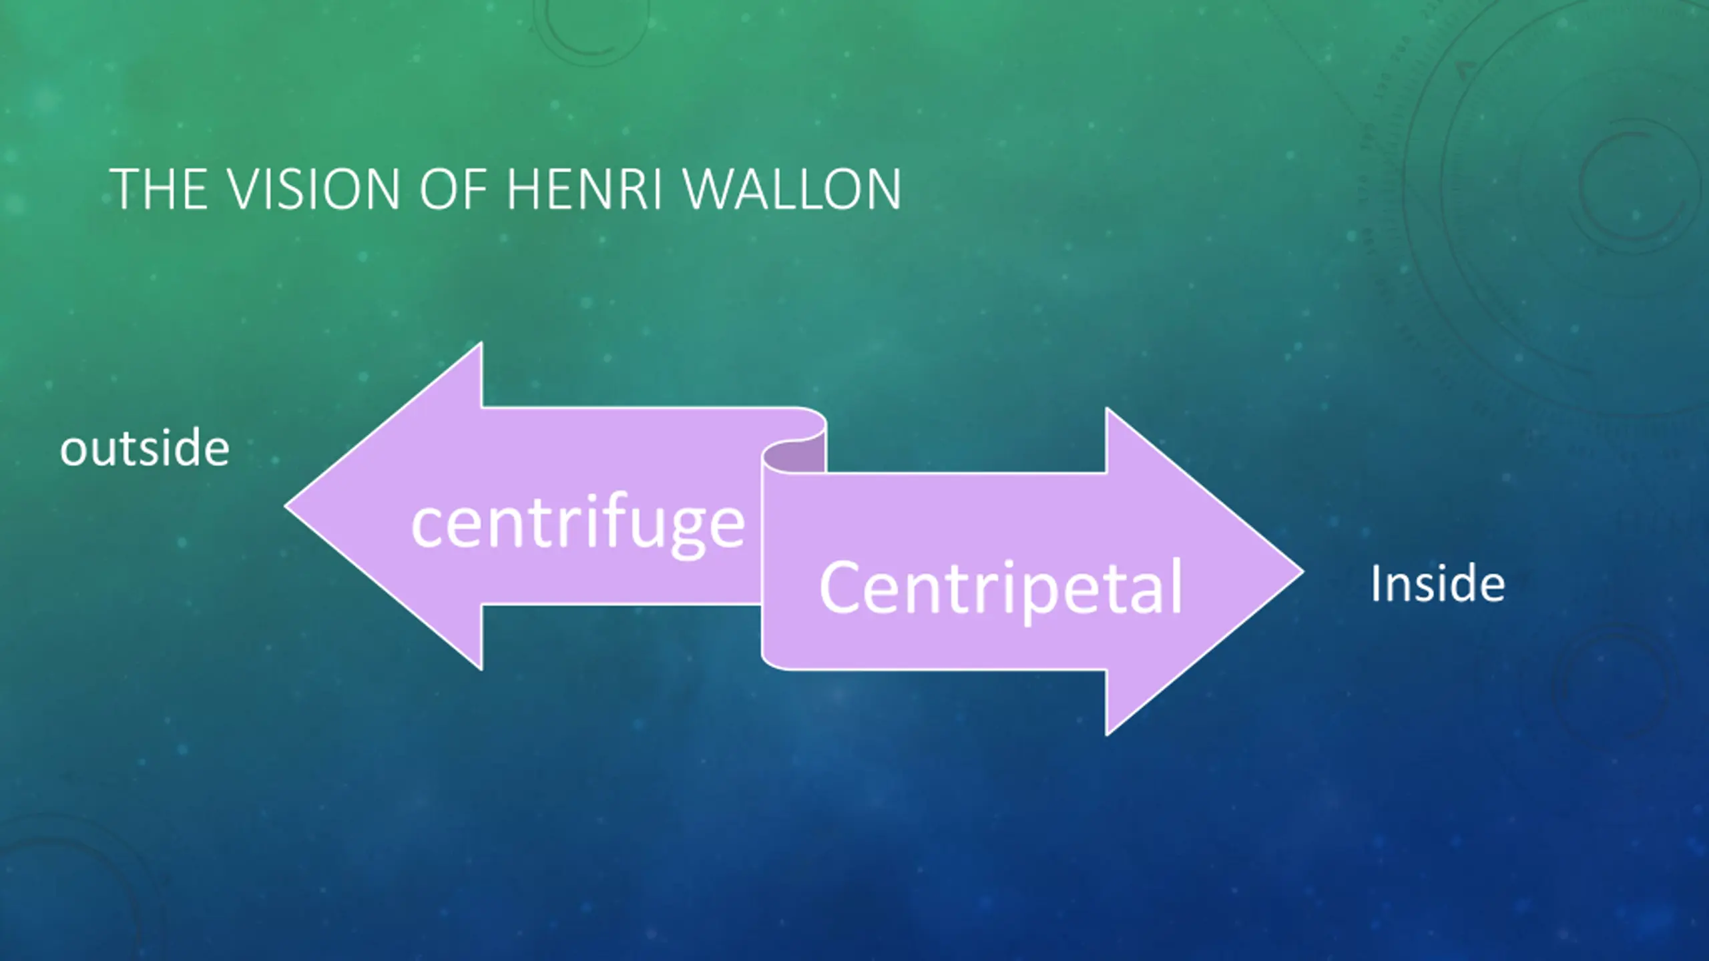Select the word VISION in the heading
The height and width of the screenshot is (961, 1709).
pos(313,190)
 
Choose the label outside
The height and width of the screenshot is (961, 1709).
pos(145,448)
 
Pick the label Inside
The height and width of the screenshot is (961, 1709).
pos(1437,585)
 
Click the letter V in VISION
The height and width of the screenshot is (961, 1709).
pos(245,190)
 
